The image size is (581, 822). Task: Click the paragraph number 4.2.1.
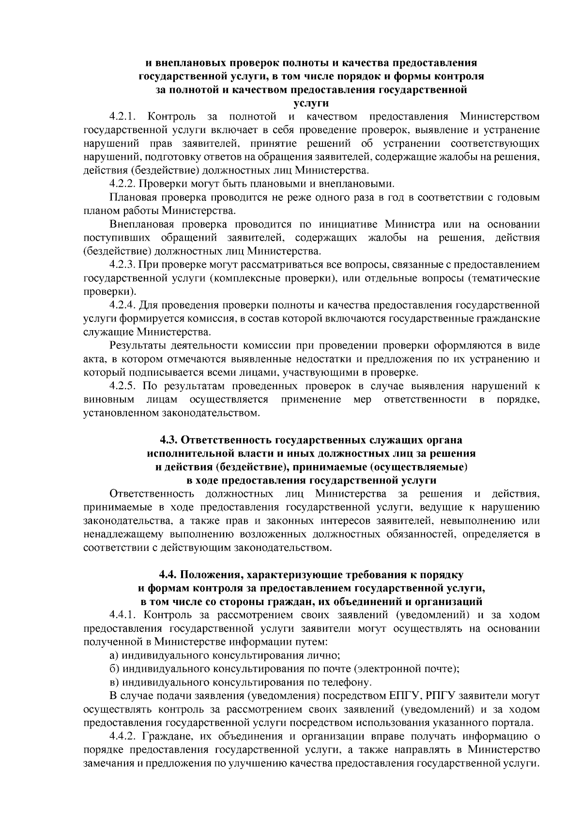123,117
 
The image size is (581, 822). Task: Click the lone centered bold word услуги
311,103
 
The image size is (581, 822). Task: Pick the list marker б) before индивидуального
115,669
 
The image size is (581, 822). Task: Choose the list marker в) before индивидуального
115,683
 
